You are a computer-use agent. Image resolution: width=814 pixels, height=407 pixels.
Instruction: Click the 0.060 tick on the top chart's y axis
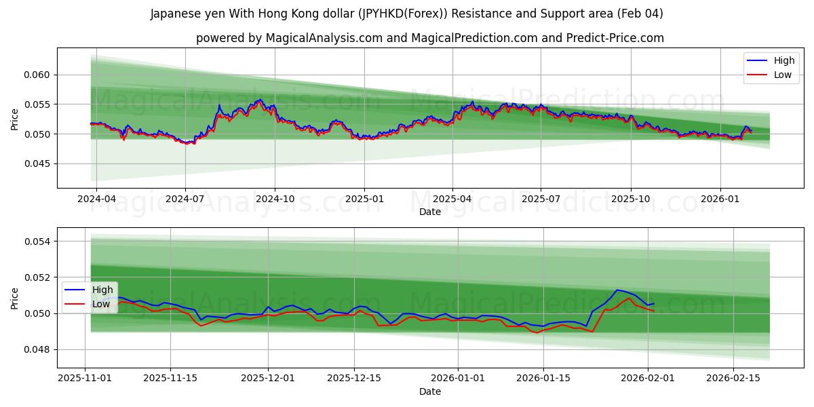click(x=39, y=75)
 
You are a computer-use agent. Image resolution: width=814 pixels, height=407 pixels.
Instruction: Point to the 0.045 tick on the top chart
click(x=39, y=163)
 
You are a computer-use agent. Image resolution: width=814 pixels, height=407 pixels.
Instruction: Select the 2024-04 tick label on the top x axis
click(x=96, y=199)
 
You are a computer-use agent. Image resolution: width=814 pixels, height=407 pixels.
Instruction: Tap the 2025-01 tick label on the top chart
click(x=364, y=199)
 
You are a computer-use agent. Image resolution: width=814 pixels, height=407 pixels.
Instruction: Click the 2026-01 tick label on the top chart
click(x=720, y=199)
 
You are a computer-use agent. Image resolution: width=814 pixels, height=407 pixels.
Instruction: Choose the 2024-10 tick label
click(x=275, y=199)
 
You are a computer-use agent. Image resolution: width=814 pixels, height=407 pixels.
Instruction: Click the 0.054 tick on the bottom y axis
click(x=39, y=241)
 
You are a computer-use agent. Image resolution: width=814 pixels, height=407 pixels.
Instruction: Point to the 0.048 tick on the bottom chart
click(x=39, y=349)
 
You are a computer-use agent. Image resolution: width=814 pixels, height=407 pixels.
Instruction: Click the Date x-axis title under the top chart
click(x=430, y=212)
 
